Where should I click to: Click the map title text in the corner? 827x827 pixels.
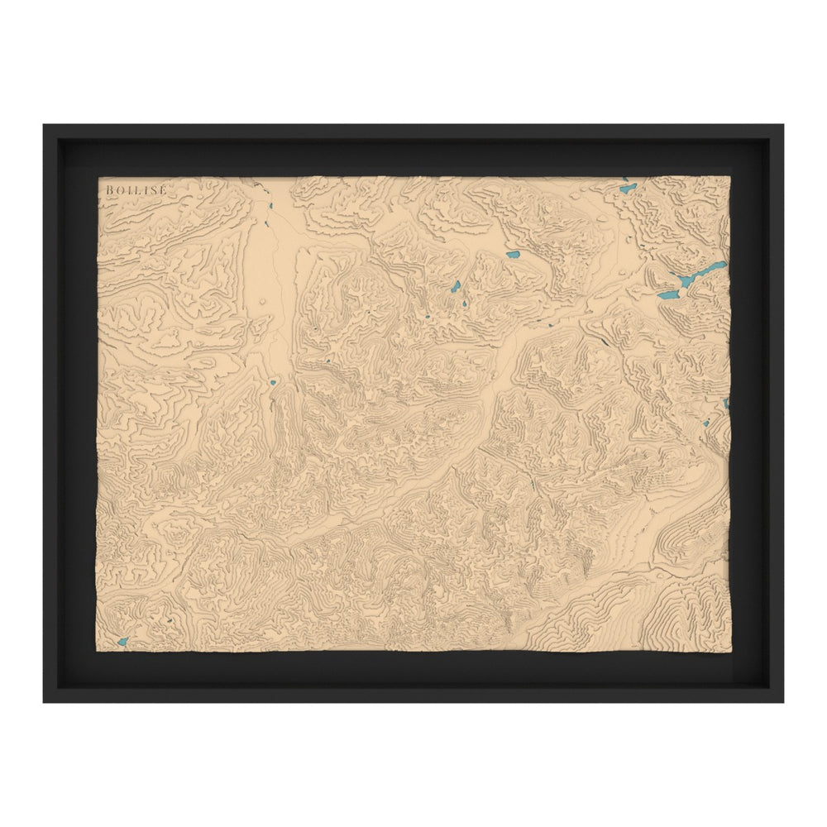(x=136, y=190)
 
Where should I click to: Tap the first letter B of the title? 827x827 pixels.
(x=109, y=190)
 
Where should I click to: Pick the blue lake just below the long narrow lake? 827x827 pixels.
(x=667, y=294)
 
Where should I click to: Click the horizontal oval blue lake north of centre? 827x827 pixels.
(x=513, y=256)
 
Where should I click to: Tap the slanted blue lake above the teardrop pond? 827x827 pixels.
(x=456, y=286)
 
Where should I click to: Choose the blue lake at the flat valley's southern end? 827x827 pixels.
(x=273, y=383)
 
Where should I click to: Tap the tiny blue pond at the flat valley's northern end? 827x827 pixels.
(x=268, y=206)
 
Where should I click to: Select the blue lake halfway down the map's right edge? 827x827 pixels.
(x=726, y=404)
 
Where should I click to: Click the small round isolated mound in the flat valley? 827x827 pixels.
(x=263, y=302)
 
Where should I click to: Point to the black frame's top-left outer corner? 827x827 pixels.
(x=44, y=125)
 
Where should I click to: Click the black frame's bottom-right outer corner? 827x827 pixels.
(x=783, y=702)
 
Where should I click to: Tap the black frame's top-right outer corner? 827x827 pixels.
(x=783, y=125)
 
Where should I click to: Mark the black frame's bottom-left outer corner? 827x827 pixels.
(x=44, y=702)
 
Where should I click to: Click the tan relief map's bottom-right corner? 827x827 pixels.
(x=729, y=650)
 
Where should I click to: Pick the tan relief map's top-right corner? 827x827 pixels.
(x=729, y=177)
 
